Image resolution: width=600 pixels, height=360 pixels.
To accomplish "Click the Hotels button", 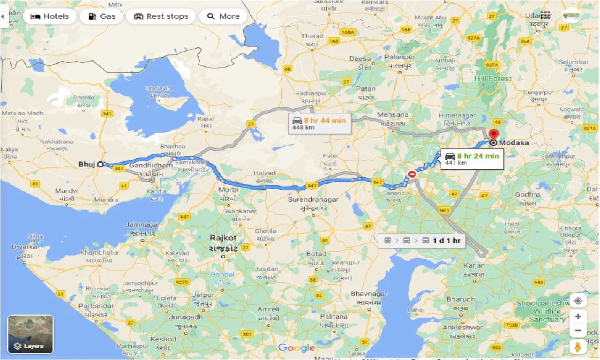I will [49, 16].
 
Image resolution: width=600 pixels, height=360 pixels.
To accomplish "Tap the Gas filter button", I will [101, 16].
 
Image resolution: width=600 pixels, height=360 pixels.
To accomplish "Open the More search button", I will [223, 16].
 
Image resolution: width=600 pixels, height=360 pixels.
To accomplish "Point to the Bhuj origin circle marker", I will [100, 165].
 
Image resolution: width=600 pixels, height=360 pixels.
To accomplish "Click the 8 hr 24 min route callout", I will [471, 159].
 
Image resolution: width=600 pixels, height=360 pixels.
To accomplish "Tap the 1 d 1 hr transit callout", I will [422, 240].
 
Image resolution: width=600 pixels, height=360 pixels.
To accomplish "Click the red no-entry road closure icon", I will [412, 174].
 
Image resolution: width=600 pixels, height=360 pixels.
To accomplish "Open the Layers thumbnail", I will [30, 334].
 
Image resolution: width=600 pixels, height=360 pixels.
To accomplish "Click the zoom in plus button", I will [578, 316].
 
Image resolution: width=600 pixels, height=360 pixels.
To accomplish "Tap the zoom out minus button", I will [578, 331].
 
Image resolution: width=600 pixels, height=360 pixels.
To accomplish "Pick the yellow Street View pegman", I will [578, 347].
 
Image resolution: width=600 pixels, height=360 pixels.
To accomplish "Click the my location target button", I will [578, 300].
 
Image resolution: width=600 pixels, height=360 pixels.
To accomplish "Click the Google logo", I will [296, 348].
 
